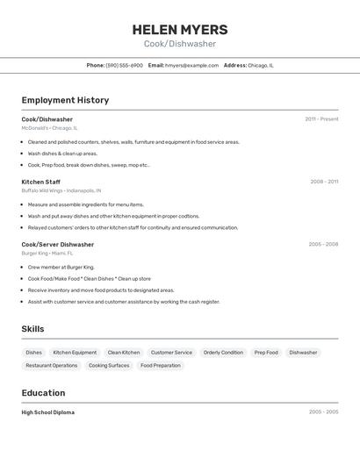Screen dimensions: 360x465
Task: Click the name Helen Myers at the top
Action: pos(180,29)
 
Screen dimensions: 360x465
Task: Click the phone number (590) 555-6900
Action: pos(124,65)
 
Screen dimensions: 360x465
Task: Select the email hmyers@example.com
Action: pos(191,65)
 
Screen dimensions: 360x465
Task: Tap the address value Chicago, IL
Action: pos(261,65)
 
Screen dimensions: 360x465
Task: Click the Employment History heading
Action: pos(65,100)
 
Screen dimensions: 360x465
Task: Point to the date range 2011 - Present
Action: pos(321,119)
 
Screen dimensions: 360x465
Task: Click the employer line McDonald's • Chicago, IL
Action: pos(49,128)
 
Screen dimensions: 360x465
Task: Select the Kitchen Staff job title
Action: pos(41,182)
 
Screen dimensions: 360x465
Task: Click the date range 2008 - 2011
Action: pos(324,182)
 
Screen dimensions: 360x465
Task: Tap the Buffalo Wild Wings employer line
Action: pos(61,190)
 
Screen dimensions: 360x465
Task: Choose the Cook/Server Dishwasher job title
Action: pos(58,244)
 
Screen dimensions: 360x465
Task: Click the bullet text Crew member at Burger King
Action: pos(61,267)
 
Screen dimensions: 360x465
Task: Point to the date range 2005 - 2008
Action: pos(323,244)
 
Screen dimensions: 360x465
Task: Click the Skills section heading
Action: pos(33,329)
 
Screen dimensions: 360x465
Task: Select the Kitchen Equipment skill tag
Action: pos(75,353)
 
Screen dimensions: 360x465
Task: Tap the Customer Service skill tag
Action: pos(171,353)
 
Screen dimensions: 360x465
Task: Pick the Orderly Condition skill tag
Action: pos(223,353)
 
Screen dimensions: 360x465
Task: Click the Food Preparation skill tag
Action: pos(161,365)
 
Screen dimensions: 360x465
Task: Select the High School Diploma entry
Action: pos(48,412)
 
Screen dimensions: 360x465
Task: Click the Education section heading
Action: pos(43,393)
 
